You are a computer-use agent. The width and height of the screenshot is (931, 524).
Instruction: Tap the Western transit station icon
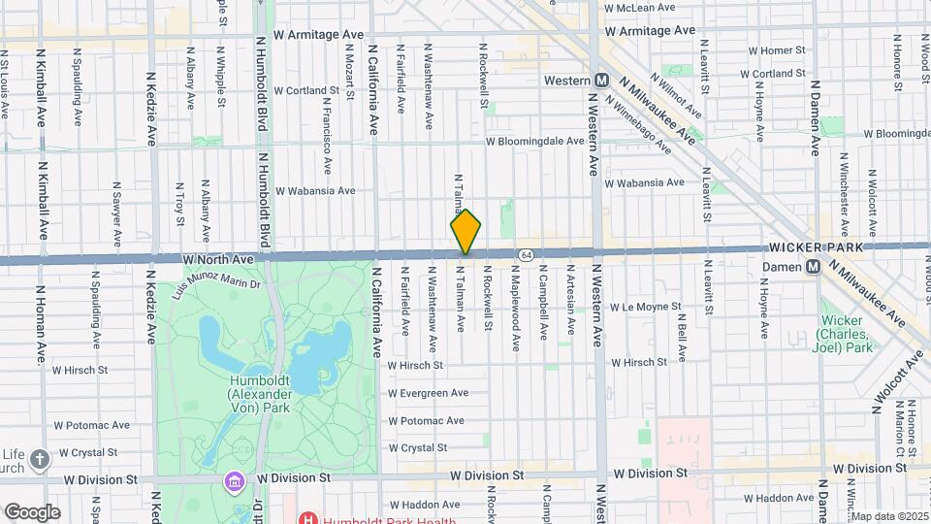(601, 80)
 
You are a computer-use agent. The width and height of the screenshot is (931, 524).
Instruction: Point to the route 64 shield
(525, 253)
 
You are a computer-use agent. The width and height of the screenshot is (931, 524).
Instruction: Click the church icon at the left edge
(39, 457)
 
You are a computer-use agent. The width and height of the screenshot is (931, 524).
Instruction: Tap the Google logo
(31, 511)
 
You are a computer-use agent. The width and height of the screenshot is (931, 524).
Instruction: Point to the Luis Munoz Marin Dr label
(216, 283)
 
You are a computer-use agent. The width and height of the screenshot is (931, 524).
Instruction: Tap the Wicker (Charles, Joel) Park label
(850, 333)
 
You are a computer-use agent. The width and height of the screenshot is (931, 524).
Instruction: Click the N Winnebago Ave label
(638, 123)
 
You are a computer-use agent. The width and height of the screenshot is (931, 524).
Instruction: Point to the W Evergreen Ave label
(428, 393)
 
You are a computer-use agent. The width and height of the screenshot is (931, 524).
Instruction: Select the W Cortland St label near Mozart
(306, 90)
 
